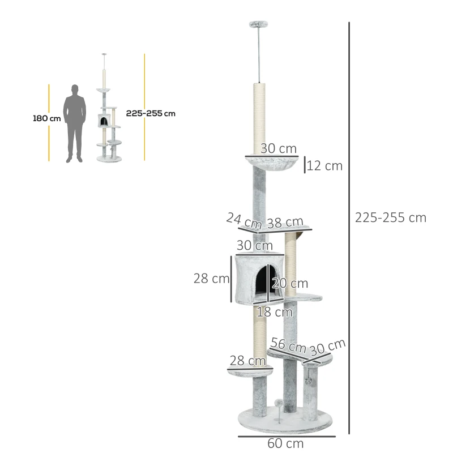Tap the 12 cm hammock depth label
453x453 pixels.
click(x=325, y=166)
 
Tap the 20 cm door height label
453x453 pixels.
click(x=290, y=283)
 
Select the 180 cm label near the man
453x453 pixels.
click(x=46, y=119)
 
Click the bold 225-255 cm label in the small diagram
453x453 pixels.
click(x=151, y=113)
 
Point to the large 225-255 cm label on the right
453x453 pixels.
click(x=390, y=217)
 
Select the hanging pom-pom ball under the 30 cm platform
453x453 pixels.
click(x=309, y=380)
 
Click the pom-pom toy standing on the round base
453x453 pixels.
click(x=279, y=403)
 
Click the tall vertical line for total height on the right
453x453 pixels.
click(x=349, y=226)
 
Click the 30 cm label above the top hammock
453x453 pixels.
click(x=279, y=148)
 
